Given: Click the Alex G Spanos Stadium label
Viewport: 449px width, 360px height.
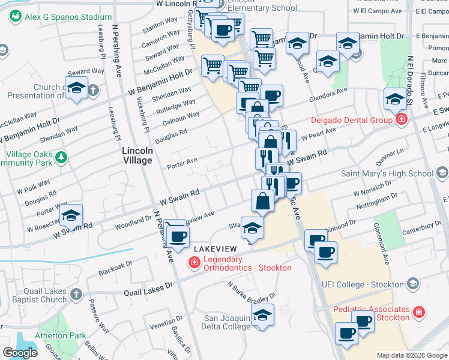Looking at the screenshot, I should tap(68, 17).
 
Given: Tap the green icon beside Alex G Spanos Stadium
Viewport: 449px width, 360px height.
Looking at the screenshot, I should tap(16, 17).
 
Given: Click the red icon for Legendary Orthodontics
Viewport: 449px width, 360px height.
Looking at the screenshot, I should tap(194, 262).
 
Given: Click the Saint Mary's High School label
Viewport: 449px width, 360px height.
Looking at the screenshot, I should tap(387, 174).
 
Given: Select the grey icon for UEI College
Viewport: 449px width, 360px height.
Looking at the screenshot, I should tap(413, 283).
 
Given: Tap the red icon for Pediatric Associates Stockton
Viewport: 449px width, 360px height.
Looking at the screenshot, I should tap(419, 312).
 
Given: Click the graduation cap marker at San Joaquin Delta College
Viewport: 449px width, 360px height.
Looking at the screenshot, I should tap(262, 315).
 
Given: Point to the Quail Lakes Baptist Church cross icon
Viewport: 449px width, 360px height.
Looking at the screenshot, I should tap(76, 294).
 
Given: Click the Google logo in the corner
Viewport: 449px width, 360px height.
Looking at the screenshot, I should tap(20, 352).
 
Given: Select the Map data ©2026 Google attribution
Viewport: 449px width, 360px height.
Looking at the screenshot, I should tap(411, 355).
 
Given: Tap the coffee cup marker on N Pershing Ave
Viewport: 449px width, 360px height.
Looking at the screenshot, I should tap(176, 235).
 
